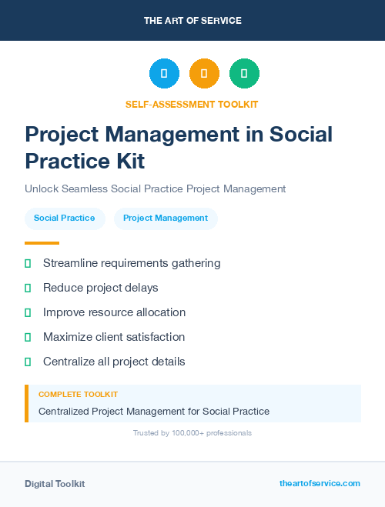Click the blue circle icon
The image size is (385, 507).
click(x=164, y=74)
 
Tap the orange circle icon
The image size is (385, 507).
click(x=204, y=74)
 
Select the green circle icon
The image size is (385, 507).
click(x=244, y=74)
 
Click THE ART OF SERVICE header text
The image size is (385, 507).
click(x=192, y=21)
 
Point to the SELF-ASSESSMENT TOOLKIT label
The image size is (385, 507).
click(x=192, y=104)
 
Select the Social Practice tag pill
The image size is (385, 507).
click(x=65, y=218)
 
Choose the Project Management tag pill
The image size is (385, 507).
click(x=166, y=218)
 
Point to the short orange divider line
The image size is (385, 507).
click(x=42, y=242)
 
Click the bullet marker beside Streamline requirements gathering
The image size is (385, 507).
click(x=28, y=263)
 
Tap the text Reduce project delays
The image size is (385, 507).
click(x=100, y=288)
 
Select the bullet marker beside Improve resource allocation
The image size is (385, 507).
click(x=28, y=312)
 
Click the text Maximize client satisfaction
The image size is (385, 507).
click(x=114, y=337)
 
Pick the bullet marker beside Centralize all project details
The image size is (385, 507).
click(x=28, y=362)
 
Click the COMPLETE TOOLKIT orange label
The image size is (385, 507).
click(x=78, y=395)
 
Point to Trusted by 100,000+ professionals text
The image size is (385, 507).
click(x=192, y=433)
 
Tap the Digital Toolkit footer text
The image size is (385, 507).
click(x=55, y=484)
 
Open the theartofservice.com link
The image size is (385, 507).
click(x=320, y=483)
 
